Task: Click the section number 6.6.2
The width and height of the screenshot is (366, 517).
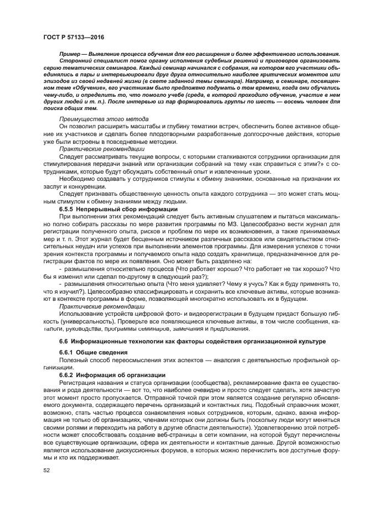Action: [x=68, y=374]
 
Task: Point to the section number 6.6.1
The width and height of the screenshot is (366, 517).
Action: [x=68, y=352]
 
